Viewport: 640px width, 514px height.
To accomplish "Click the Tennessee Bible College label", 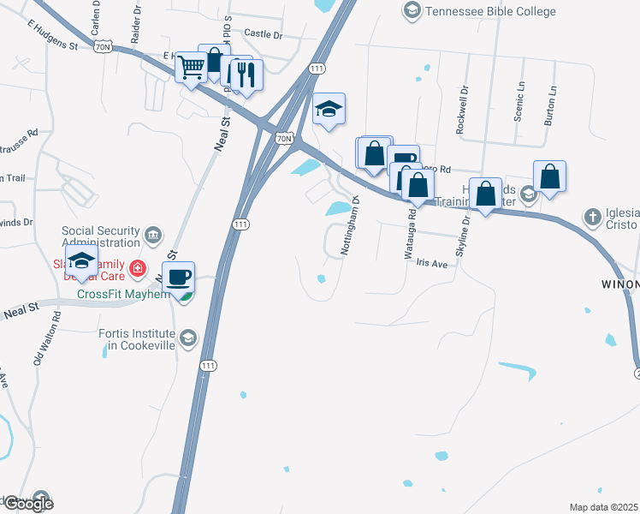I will tap(492, 11).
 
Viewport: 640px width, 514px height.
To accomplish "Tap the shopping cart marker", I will tap(191, 65).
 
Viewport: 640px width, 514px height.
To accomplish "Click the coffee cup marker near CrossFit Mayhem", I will tap(179, 278).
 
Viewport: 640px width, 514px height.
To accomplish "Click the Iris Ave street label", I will tap(432, 265).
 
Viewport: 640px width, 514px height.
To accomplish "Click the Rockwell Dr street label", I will tap(462, 110).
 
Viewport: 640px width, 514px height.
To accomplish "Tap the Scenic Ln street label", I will tap(519, 102).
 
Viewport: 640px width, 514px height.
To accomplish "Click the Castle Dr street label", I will tap(263, 34).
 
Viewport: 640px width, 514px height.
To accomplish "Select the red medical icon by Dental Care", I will tap(137, 272).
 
